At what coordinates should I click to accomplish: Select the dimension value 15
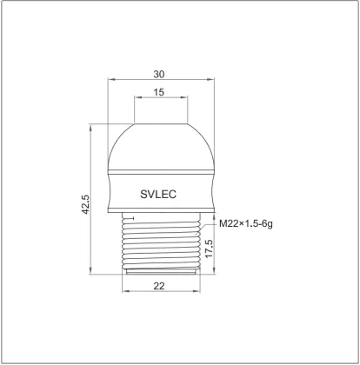point(159,92)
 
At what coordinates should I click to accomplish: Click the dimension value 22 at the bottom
point(159,286)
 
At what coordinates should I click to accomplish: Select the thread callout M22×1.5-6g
point(245,224)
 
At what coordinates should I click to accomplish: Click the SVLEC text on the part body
point(158,195)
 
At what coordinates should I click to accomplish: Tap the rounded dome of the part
point(159,148)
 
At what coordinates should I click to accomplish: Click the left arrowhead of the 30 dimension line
point(110,83)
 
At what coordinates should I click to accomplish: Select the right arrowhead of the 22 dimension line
point(197,293)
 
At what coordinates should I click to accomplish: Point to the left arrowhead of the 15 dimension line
point(136,100)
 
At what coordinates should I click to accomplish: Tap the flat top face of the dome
point(160,123)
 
